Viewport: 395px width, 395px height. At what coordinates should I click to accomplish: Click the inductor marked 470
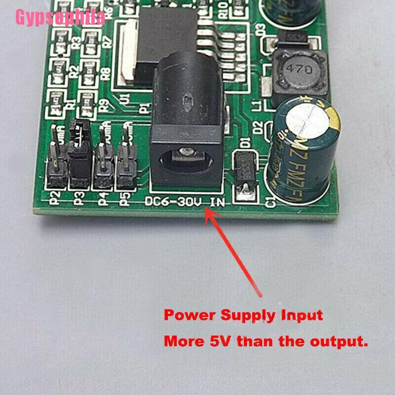[298, 71]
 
